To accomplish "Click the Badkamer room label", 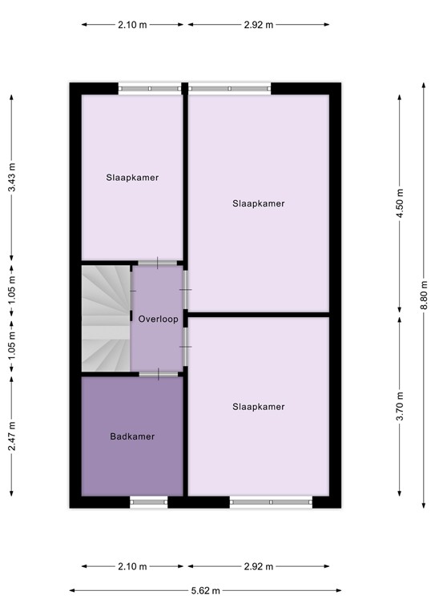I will coord(132,436).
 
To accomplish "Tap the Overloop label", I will coord(157,319).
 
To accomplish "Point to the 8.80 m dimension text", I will coord(425,294).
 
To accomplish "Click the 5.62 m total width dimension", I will coord(206,591).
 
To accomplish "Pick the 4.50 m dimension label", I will coord(401,203).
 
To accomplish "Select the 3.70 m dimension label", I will coord(401,406).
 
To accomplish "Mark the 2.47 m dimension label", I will coord(11,436).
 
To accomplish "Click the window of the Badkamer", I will coord(149,502).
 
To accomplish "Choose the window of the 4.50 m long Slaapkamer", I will coord(229,88).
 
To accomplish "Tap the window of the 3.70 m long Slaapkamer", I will coord(271,502).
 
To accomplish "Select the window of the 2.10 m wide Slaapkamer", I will coord(149,88).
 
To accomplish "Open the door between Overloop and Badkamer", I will coord(159,373).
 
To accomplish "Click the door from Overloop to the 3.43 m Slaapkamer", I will coord(158,263).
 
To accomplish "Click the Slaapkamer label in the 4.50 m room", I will coord(258,203).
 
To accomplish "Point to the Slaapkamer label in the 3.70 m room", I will coord(258,407).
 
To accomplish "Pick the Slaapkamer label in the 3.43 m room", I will coord(132,178).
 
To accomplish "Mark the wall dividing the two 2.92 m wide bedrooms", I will coord(258,315).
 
